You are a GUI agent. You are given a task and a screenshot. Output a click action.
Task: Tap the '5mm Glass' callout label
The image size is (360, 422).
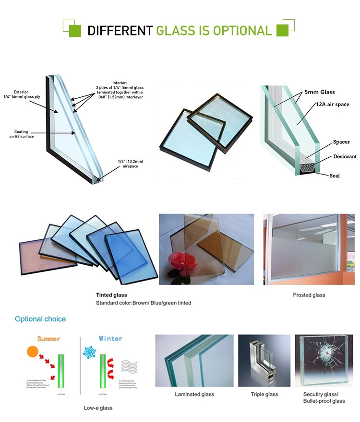click(x=319, y=92)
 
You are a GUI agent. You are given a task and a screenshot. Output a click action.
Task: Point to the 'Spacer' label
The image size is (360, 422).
click(x=341, y=142)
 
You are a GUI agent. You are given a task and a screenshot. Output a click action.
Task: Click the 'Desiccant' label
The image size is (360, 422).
click(x=345, y=156)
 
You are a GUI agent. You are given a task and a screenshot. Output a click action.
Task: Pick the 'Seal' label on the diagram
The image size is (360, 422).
click(x=335, y=176)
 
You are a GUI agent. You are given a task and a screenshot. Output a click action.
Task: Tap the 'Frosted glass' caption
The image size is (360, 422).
click(x=309, y=295)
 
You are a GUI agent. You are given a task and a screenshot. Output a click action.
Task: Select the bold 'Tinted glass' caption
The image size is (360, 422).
click(x=111, y=295)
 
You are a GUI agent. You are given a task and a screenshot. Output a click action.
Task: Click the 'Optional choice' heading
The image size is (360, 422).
click(x=40, y=319)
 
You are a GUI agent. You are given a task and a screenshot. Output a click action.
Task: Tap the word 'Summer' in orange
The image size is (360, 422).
click(x=49, y=339)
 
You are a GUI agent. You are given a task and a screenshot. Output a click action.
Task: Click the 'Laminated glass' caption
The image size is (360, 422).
click(x=194, y=394)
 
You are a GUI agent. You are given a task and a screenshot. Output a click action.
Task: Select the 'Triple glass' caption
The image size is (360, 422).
click(x=264, y=394)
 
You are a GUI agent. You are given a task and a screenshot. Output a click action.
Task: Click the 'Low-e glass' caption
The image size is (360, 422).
click(x=98, y=408)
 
